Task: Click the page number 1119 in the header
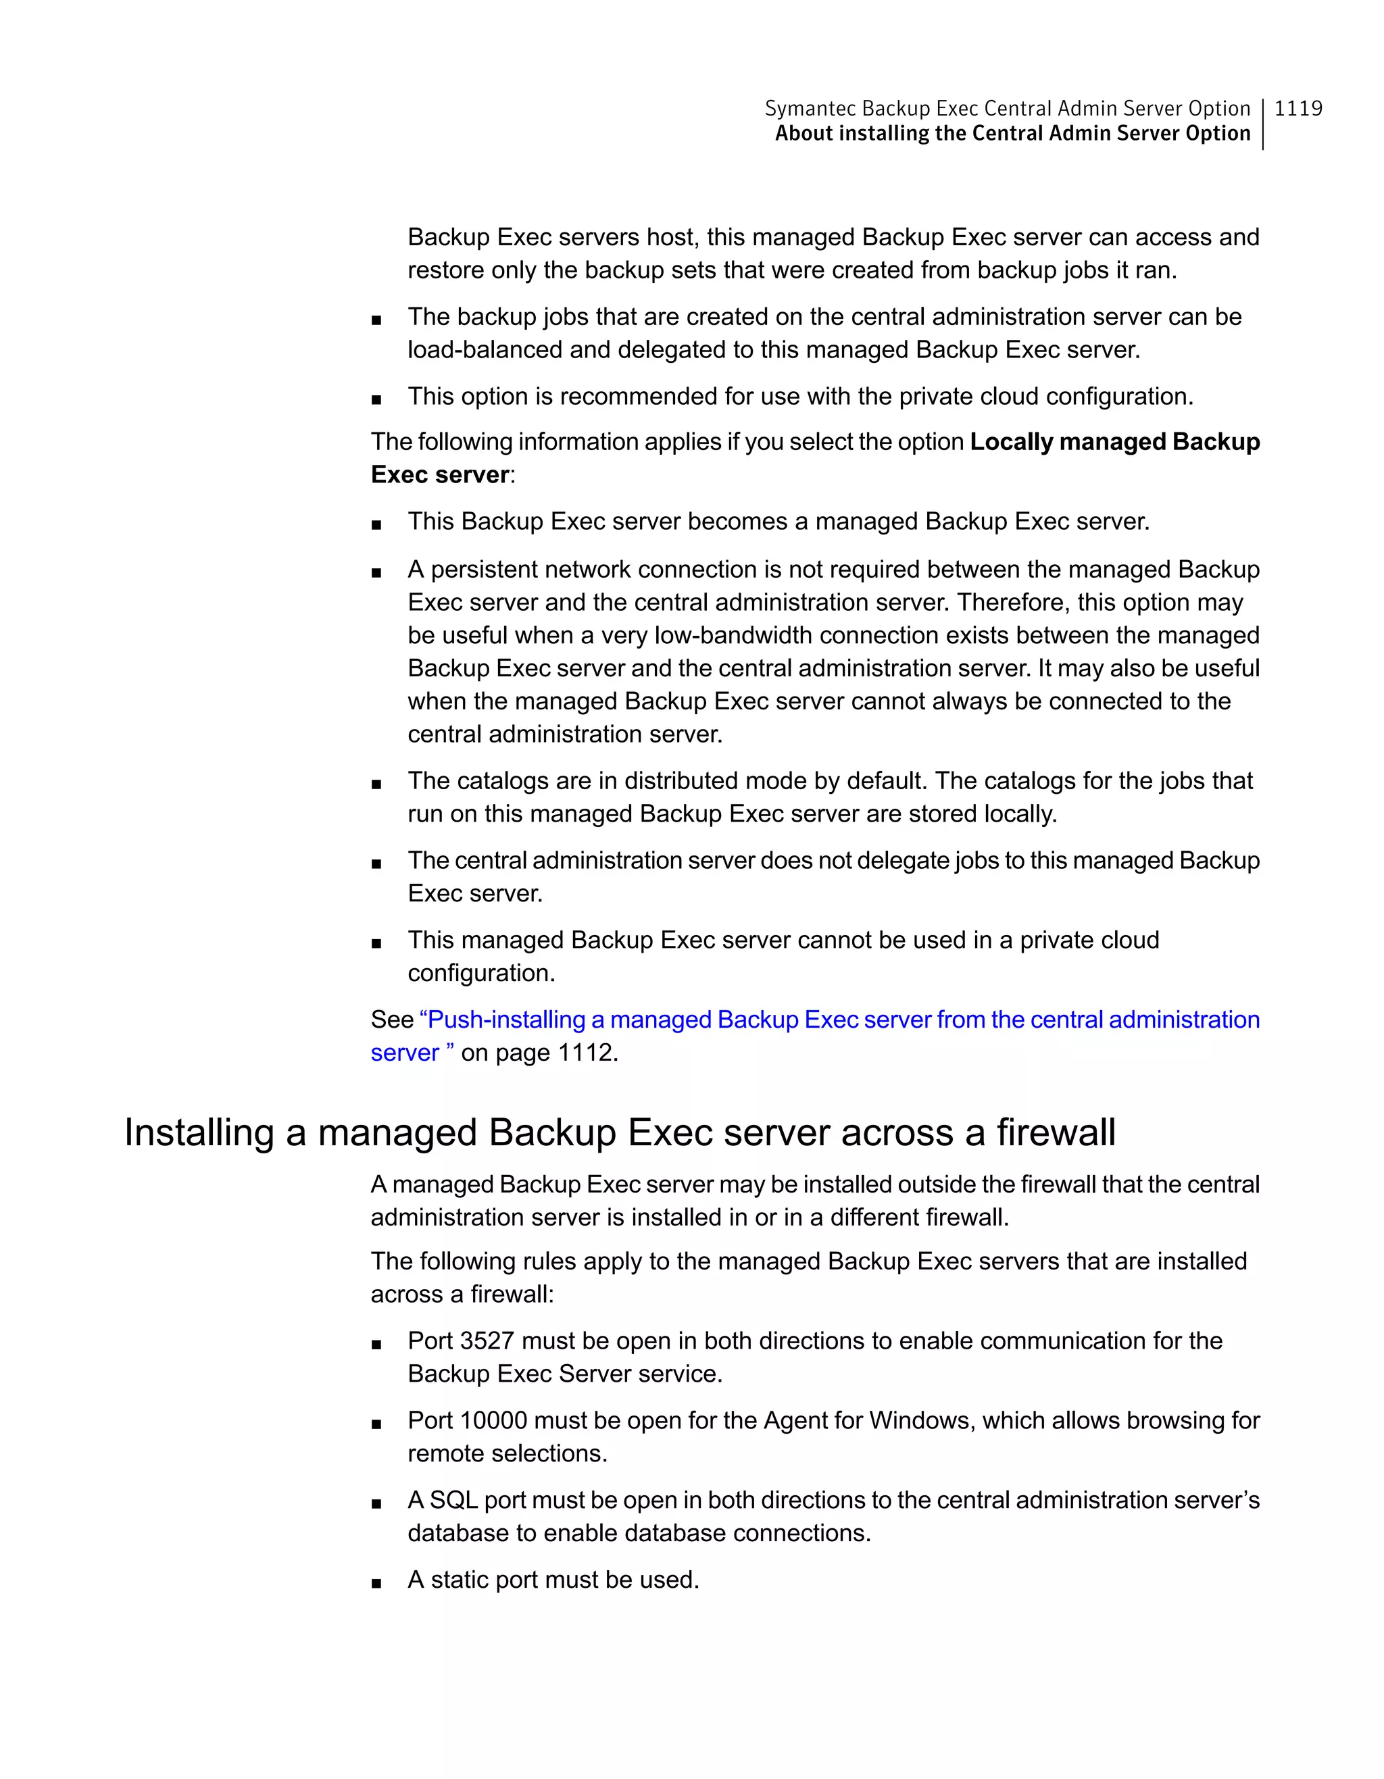(1297, 108)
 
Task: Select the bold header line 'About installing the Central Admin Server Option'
(1012, 134)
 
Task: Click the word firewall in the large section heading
(1056, 1132)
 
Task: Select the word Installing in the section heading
(199, 1132)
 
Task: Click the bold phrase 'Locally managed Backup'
(1114, 441)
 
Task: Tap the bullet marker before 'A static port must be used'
(376, 1581)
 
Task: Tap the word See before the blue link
(392, 1020)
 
